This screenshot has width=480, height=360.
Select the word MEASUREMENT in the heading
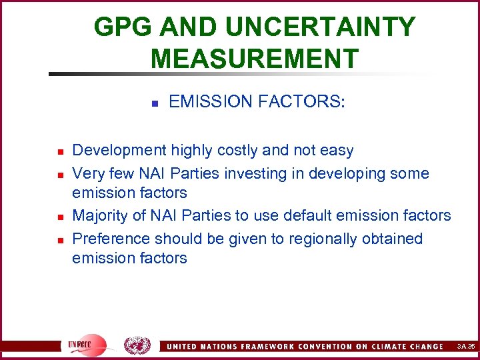(255, 58)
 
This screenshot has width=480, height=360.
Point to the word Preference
(111, 238)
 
